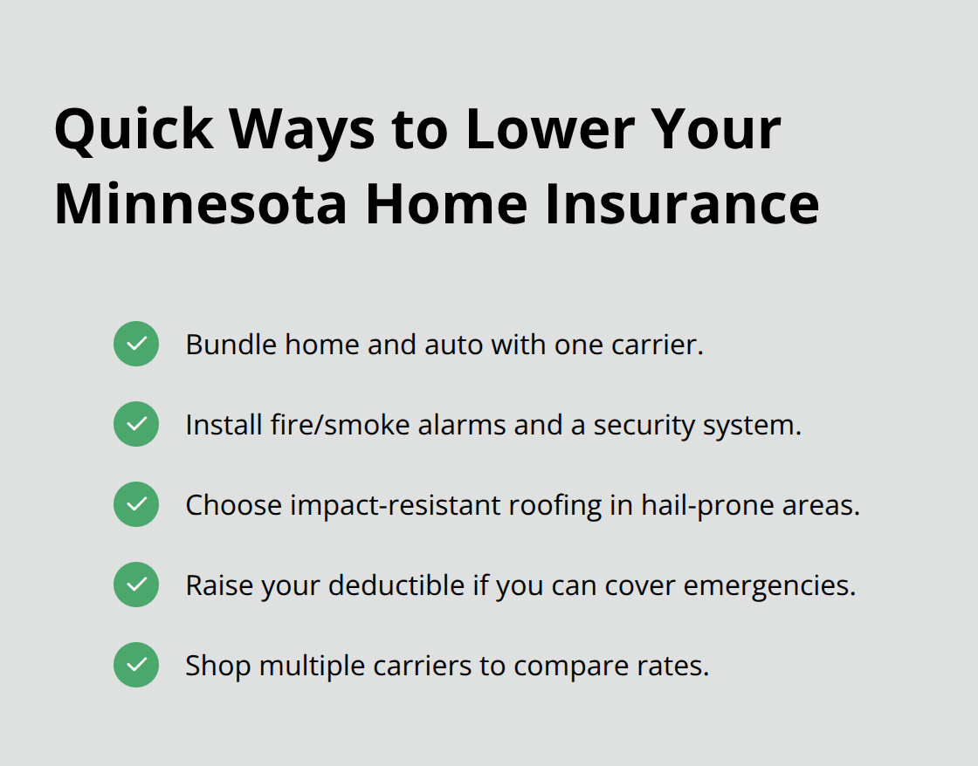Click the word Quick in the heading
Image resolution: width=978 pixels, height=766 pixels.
pyautogui.click(x=134, y=129)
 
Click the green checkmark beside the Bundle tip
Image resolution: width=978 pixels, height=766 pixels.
pyautogui.click(x=136, y=344)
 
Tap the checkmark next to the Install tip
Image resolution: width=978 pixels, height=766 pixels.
pyautogui.click(x=136, y=424)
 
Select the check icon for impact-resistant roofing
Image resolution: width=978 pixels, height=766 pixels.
pyautogui.click(x=136, y=504)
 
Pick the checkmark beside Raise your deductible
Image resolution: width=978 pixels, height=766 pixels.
pyautogui.click(x=136, y=585)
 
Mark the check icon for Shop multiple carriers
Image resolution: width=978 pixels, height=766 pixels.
pyautogui.click(x=136, y=665)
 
